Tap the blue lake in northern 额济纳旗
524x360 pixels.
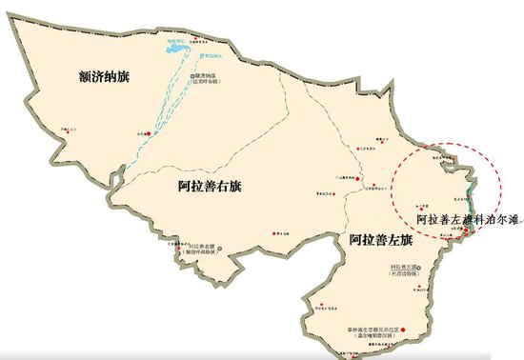(179, 45)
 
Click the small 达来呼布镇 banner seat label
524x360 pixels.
(211, 80)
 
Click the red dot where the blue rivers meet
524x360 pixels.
(148, 137)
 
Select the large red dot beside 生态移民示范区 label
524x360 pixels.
(404, 330)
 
